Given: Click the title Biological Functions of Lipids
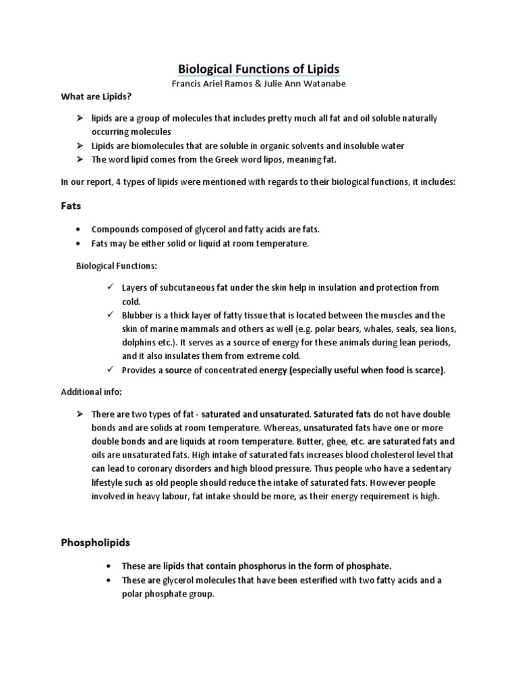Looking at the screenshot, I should click(x=259, y=69).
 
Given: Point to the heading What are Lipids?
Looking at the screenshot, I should click(x=95, y=97).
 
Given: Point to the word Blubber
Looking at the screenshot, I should click(x=137, y=316).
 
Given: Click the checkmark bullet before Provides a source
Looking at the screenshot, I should click(x=110, y=370).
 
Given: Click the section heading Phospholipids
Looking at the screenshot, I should click(x=97, y=542).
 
